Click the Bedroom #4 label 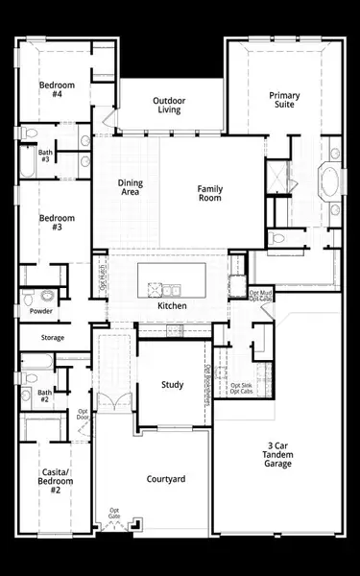51,88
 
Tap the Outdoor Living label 171,106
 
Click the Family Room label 210,193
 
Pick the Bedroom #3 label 50,224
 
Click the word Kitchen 172,306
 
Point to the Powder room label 40,311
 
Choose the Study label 172,385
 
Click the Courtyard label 165,479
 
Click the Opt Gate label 114,514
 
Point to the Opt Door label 84,415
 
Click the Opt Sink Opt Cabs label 241,389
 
